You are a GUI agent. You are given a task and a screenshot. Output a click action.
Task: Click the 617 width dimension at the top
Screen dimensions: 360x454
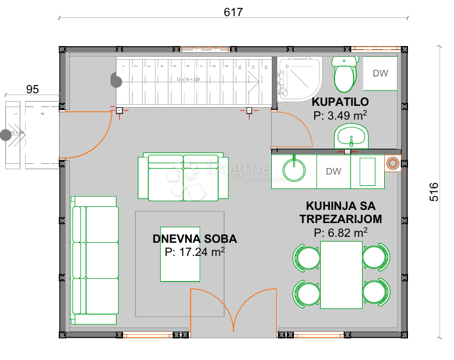point(233,12)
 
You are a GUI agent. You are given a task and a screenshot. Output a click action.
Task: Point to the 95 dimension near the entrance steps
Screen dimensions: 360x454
point(32,89)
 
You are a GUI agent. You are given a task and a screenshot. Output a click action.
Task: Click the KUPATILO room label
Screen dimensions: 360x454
point(340,101)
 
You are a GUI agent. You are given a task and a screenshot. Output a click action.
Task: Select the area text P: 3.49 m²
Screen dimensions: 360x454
point(340,115)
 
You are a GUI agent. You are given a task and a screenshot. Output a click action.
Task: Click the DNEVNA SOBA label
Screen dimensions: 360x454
point(195,239)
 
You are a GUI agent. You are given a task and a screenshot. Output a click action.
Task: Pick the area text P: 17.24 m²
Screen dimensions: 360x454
point(195,252)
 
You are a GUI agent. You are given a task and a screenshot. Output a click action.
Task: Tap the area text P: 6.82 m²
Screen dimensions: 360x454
point(340,232)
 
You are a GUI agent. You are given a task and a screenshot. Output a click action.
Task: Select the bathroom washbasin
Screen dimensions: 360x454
point(352,138)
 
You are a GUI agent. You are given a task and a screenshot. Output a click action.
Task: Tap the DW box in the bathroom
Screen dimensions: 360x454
point(380,74)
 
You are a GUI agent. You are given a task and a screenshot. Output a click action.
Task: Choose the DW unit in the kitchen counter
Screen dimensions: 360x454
point(333,172)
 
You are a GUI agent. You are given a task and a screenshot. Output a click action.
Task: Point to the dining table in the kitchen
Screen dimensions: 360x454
point(341,274)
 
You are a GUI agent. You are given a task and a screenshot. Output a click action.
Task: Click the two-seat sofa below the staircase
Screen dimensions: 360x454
point(183,178)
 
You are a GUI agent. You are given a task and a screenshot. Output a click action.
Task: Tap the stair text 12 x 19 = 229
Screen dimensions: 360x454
point(188,79)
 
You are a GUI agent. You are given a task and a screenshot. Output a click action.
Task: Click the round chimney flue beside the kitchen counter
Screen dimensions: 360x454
point(394,162)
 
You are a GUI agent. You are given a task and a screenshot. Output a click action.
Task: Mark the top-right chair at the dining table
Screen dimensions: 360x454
point(376,257)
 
